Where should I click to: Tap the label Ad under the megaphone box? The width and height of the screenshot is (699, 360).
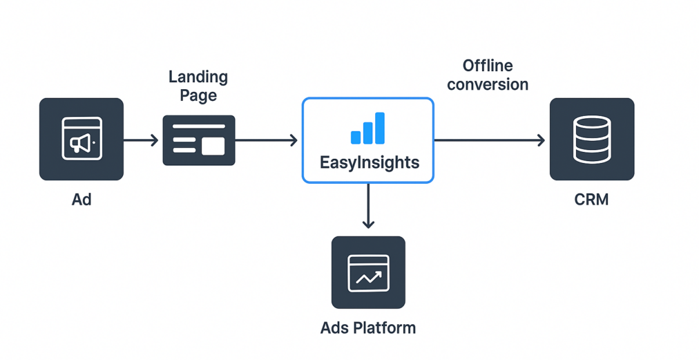(82, 200)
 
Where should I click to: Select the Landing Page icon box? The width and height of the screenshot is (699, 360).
(199, 140)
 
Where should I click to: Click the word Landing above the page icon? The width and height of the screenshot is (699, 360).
(198, 77)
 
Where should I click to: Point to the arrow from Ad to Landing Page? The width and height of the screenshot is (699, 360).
(141, 140)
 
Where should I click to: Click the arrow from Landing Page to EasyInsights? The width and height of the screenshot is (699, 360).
(266, 140)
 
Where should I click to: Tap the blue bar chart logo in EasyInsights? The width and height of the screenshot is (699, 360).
(367, 129)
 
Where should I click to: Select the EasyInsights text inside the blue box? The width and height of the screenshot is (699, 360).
(370, 162)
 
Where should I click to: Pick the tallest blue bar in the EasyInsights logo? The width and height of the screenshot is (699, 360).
(380, 128)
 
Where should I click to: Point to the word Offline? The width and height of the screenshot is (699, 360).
(488, 66)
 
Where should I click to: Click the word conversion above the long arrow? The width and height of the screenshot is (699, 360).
(488, 85)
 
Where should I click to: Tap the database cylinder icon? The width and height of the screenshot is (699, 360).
(592, 139)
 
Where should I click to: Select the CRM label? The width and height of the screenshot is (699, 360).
(592, 200)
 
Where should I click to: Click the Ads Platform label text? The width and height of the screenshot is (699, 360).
(368, 328)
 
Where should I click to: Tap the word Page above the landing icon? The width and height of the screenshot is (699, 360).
(198, 96)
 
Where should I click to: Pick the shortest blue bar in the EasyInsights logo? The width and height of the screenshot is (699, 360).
(356, 137)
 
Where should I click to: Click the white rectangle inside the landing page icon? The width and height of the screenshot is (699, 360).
(213, 146)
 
